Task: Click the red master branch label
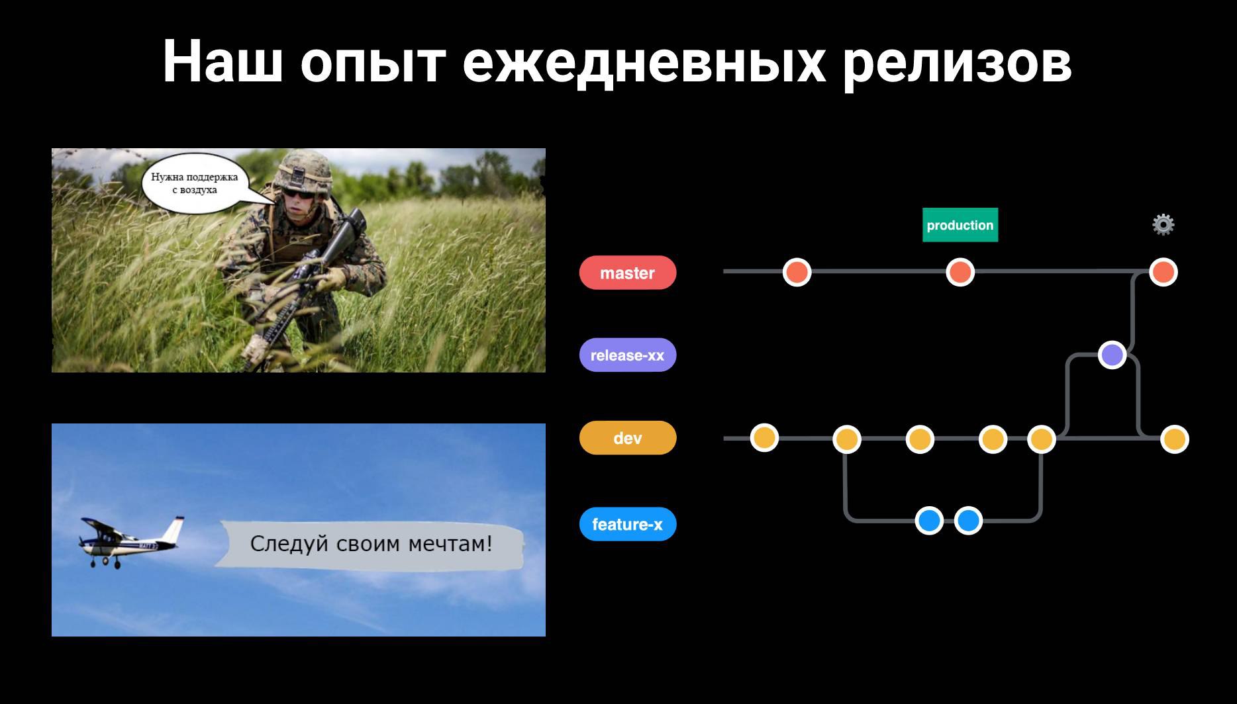[x=628, y=273]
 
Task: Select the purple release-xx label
[x=628, y=355]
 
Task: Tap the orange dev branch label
[x=628, y=438]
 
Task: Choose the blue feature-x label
[x=628, y=524]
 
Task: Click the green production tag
[x=960, y=225]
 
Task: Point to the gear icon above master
[x=1163, y=225]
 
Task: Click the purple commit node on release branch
[x=1113, y=355]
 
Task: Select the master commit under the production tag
[x=960, y=272]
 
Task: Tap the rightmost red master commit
[x=1163, y=272]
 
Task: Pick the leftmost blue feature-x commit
[x=929, y=521]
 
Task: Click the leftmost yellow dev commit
[x=764, y=437]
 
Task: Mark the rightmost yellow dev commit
[x=1175, y=439]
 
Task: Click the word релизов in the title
[x=957, y=64]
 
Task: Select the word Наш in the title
[x=223, y=61]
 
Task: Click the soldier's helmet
[x=305, y=172]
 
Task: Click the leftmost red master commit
[x=797, y=272]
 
